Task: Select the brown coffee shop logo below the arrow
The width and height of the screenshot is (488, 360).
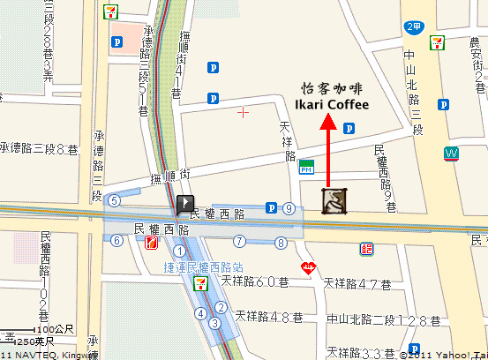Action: pyautogui.click(x=334, y=201)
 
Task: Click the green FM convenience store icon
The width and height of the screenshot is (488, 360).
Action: pyautogui.click(x=307, y=166)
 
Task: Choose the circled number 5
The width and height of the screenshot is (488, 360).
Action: pyautogui.click(x=114, y=200)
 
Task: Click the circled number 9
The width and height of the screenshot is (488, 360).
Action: pyautogui.click(x=289, y=208)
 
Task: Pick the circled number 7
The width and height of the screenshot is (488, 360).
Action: pyautogui.click(x=239, y=240)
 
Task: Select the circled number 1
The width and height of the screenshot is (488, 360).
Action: pyautogui.click(x=180, y=251)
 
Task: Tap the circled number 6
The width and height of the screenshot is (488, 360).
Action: pyautogui.click(x=116, y=240)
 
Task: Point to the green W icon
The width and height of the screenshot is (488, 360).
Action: pyautogui.click(x=452, y=154)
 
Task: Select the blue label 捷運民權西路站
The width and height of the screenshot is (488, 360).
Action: pyautogui.click(x=199, y=266)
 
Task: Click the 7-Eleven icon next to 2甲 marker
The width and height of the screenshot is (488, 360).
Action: pyautogui.click(x=437, y=41)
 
